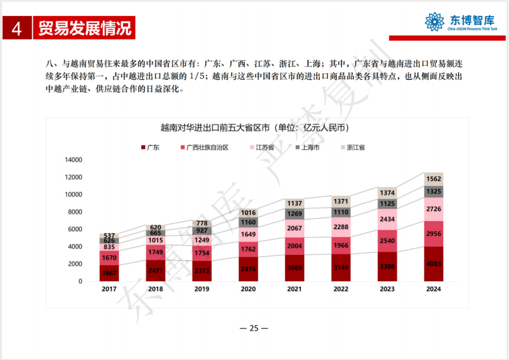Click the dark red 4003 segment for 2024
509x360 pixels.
coord(434,264)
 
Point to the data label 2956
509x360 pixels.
coord(434,234)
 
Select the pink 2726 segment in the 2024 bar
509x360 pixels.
coord(434,209)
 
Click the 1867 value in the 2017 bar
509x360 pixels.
coord(109,273)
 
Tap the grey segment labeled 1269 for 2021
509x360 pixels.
coord(294,213)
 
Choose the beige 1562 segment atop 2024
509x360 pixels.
coord(434,179)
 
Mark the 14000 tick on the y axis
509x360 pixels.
coord(74,160)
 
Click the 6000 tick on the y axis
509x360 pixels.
coord(75,229)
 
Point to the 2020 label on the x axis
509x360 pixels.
coord(248,289)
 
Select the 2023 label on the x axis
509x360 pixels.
coord(387,289)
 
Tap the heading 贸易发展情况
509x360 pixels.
coord(85,28)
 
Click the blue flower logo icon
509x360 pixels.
coord(434,22)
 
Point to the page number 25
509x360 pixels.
coord(254,328)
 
